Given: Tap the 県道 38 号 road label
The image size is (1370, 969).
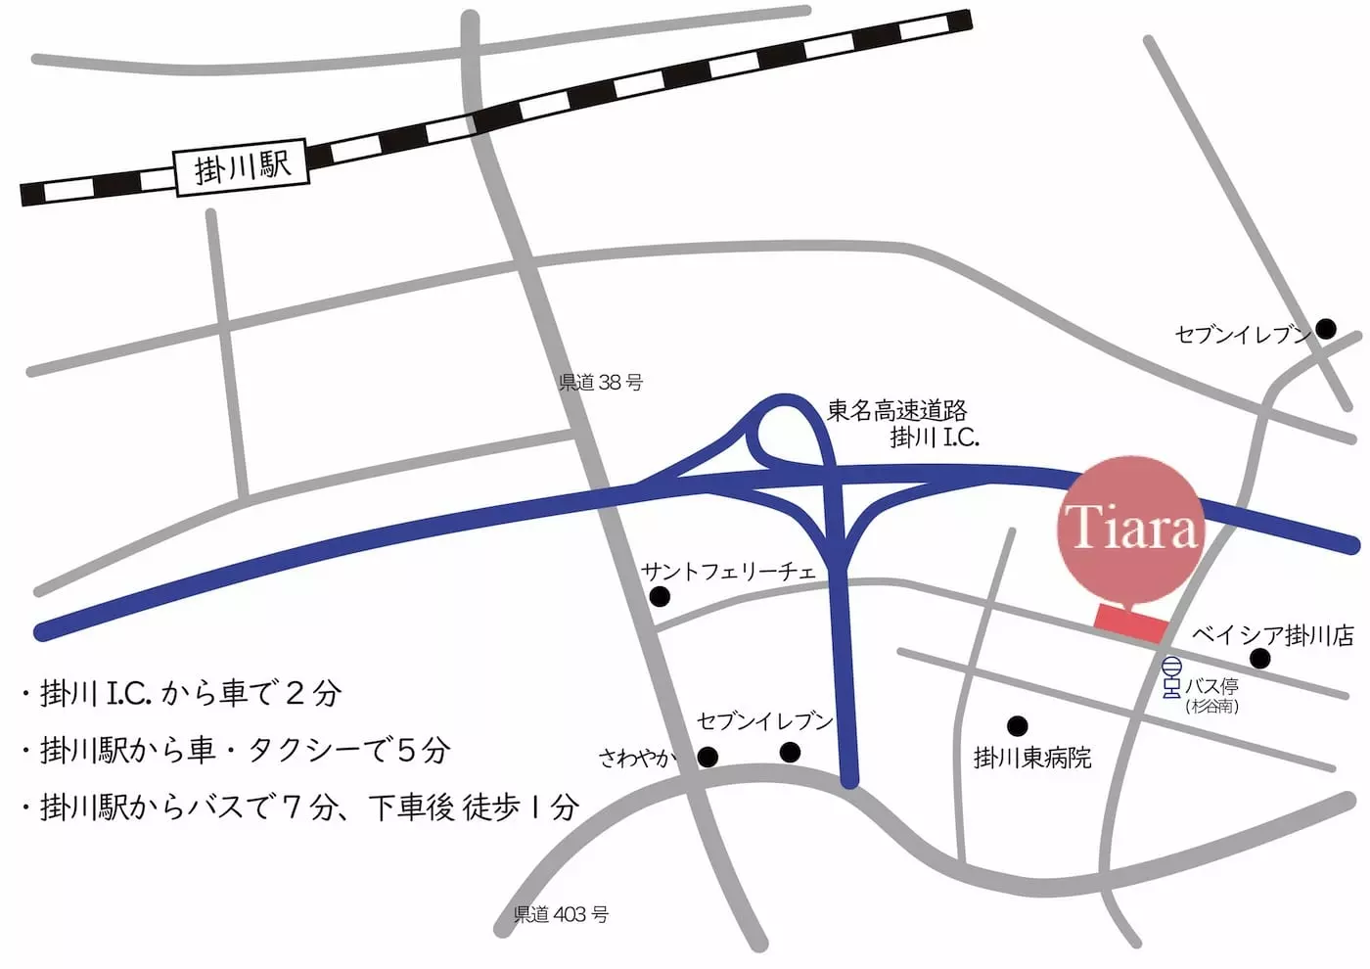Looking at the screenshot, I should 600,382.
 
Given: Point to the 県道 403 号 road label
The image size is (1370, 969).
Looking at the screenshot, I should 561,914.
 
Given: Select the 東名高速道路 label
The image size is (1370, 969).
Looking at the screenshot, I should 897,410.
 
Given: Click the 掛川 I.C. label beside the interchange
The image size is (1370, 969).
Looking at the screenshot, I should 934,438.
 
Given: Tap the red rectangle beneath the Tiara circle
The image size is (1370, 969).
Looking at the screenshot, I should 1130,623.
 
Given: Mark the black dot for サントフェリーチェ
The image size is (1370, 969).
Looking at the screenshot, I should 660,597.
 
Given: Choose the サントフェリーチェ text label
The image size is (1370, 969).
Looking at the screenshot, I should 728,571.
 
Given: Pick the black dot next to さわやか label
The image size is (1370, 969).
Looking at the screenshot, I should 708,757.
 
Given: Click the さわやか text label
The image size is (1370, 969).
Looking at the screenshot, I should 637,757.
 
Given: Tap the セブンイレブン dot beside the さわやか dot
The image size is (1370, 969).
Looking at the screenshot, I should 790,752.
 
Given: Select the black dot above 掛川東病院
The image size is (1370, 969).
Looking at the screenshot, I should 1017,725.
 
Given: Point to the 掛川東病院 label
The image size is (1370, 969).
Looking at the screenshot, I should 1031,758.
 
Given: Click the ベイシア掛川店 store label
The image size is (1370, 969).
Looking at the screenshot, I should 1272,635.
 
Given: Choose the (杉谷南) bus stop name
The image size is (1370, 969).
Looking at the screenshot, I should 1211,706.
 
